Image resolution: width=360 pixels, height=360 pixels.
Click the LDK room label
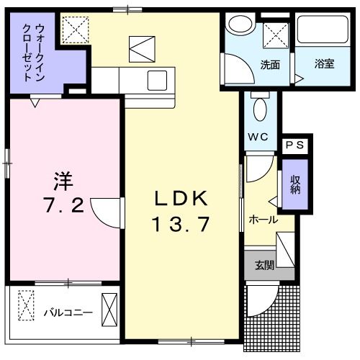(181, 199)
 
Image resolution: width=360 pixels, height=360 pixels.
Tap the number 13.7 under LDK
(181, 224)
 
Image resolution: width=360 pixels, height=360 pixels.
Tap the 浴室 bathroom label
(324, 63)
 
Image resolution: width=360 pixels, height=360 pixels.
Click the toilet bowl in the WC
(261, 109)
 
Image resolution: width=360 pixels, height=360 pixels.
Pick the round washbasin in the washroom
(237, 24)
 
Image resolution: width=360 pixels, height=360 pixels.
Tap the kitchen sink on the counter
(158, 79)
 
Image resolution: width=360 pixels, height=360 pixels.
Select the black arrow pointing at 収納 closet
(274, 201)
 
